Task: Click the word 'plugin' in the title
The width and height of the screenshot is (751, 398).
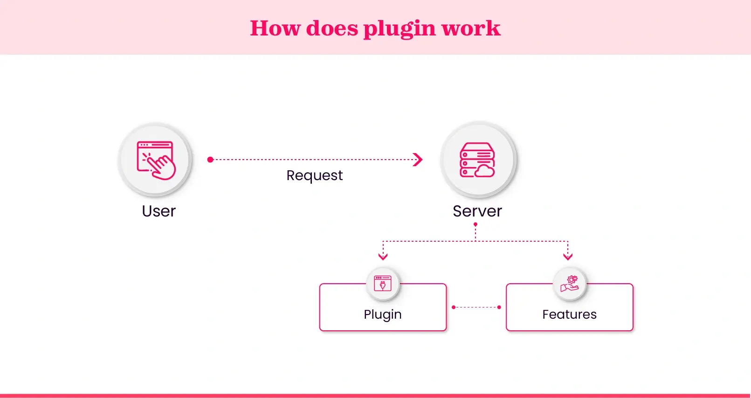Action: click(x=399, y=29)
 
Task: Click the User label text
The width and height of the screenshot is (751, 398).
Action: click(x=158, y=211)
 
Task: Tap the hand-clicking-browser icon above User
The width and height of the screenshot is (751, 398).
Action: click(x=156, y=160)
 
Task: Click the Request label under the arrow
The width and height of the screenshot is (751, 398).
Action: click(x=314, y=175)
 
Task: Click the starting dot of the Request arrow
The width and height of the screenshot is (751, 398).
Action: click(x=210, y=160)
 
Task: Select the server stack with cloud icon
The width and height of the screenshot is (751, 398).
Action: click(x=477, y=160)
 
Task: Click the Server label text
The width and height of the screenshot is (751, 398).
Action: click(x=477, y=211)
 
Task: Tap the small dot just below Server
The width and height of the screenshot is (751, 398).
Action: click(x=475, y=224)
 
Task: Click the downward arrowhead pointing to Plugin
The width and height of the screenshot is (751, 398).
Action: click(x=383, y=256)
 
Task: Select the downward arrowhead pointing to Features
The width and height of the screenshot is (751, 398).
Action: click(x=568, y=256)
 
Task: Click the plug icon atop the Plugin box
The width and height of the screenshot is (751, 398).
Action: click(x=383, y=283)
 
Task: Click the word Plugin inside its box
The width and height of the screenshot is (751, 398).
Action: click(x=383, y=314)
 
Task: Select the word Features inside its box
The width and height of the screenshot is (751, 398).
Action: click(x=569, y=314)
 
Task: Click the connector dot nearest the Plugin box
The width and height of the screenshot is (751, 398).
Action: click(x=454, y=307)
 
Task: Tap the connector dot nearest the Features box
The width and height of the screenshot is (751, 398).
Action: click(x=499, y=307)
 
